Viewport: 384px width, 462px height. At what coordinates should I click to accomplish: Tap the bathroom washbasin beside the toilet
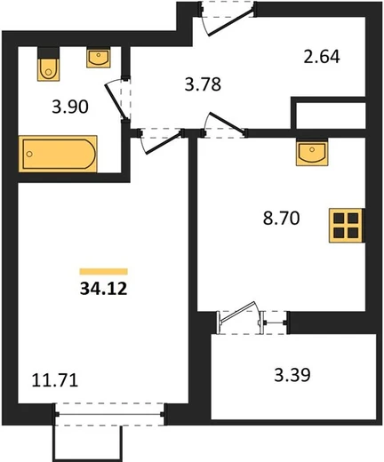pos(99,57)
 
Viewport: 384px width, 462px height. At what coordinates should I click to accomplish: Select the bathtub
pos(58,154)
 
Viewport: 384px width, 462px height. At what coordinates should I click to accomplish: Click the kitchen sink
pos(312,152)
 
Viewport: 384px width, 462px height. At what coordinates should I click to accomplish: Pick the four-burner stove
pos(346,226)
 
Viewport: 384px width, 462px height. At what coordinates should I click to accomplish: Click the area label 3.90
pos(70,107)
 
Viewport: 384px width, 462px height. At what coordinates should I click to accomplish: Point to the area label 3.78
pos(203,84)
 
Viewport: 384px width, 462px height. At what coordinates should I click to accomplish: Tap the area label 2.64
pos(322,57)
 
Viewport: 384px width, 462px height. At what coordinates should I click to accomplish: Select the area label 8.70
pos(282,219)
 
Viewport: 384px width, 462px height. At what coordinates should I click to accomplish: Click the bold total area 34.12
pos(104,289)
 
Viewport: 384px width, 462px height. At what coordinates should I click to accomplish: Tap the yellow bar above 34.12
pos(104,272)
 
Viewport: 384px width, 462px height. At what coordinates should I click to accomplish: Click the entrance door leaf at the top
pos(230,23)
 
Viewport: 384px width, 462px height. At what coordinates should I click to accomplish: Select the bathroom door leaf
pos(116,101)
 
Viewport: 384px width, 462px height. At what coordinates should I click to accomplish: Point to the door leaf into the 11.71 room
pos(164,143)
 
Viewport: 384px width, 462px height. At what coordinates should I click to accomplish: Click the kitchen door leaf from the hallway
pos(227,122)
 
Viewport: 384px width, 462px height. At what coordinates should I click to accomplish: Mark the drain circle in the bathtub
pos(29,154)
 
